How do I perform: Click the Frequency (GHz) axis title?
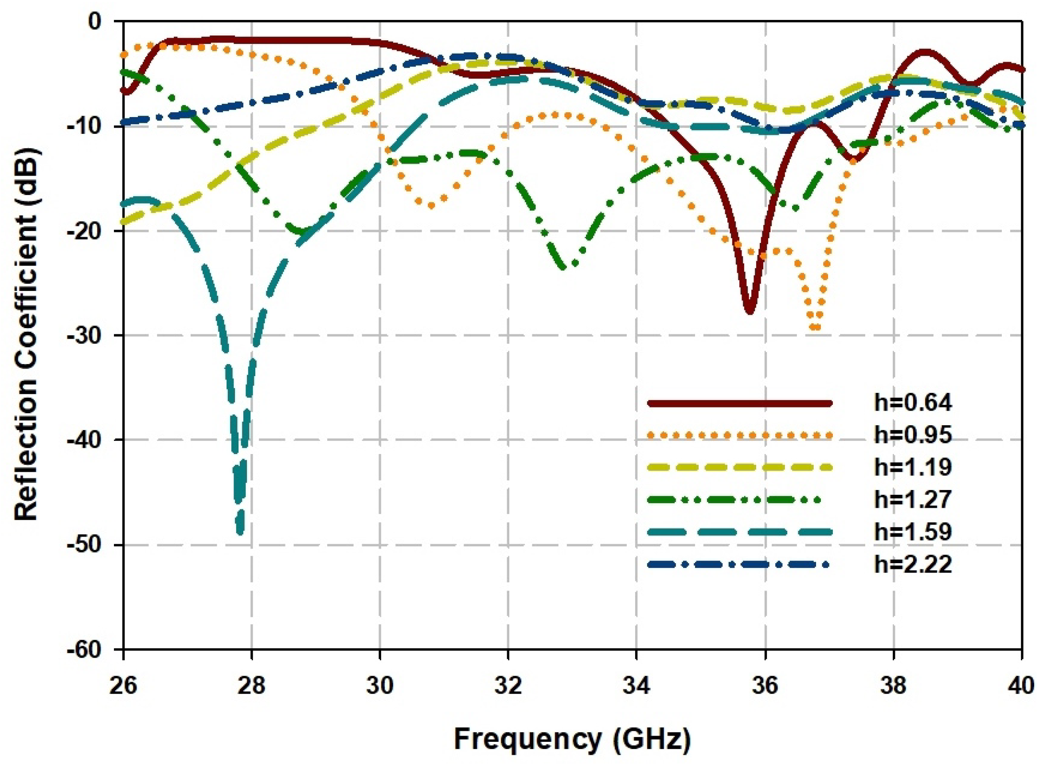click(x=572, y=740)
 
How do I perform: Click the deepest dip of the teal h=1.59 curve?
click(x=240, y=532)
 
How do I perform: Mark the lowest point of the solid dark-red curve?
click(x=750, y=312)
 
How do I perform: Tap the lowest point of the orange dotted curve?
click(x=815, y=327)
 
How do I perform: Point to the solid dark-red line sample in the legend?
click(x=739, y=403)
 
